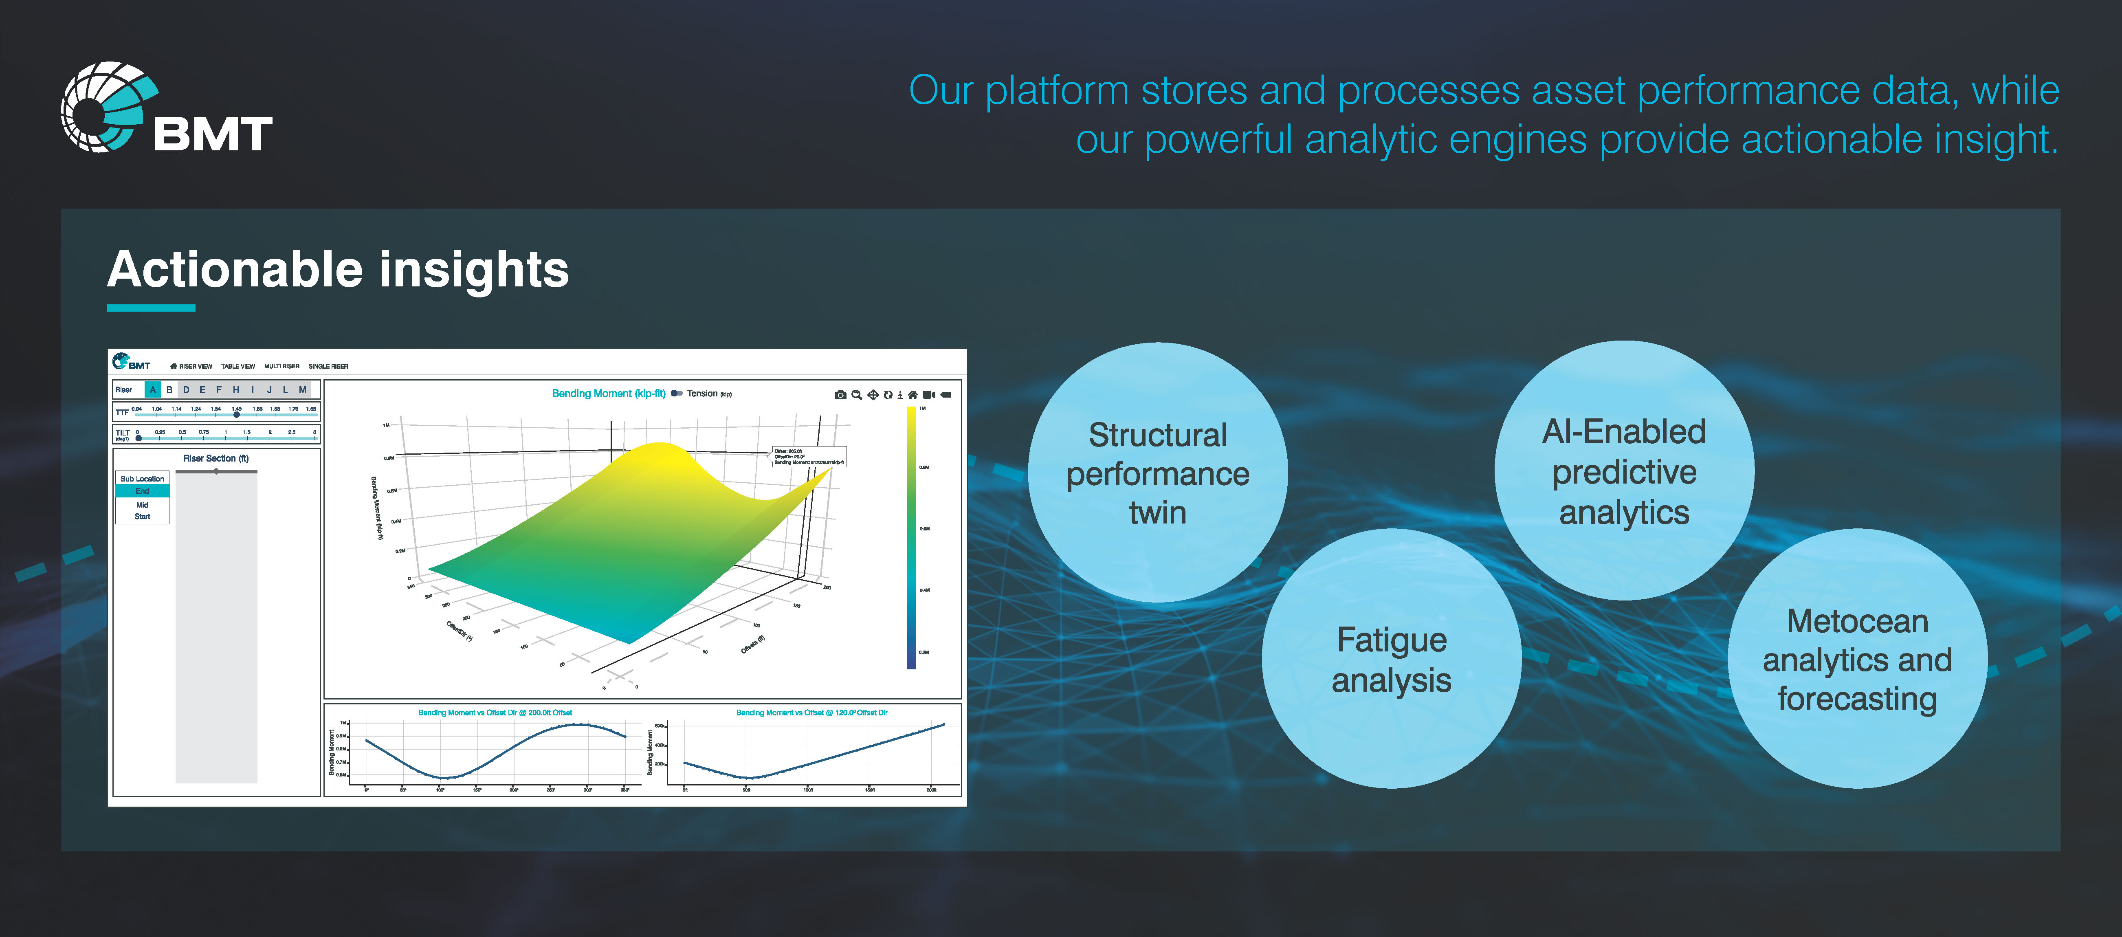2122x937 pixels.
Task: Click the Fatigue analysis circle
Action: [1391, 659]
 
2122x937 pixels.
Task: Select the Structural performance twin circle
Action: [1157, 473]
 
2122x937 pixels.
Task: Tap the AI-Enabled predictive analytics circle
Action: [1624, 471]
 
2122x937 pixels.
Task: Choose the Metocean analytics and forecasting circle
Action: [1857, 659]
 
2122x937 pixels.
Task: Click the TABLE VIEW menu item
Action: [238, 366]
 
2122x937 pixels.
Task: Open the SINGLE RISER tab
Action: [328, 366]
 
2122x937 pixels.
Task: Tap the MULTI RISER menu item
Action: [282, 366]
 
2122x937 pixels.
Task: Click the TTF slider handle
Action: [236, 415]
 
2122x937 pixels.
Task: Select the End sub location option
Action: [143, 491]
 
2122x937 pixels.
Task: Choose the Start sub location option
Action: [143, 517]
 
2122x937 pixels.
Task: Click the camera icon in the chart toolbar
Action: [840, 395]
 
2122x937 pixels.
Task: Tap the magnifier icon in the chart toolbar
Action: [857, 395]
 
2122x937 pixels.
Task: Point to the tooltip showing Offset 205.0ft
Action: [809, 457]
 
